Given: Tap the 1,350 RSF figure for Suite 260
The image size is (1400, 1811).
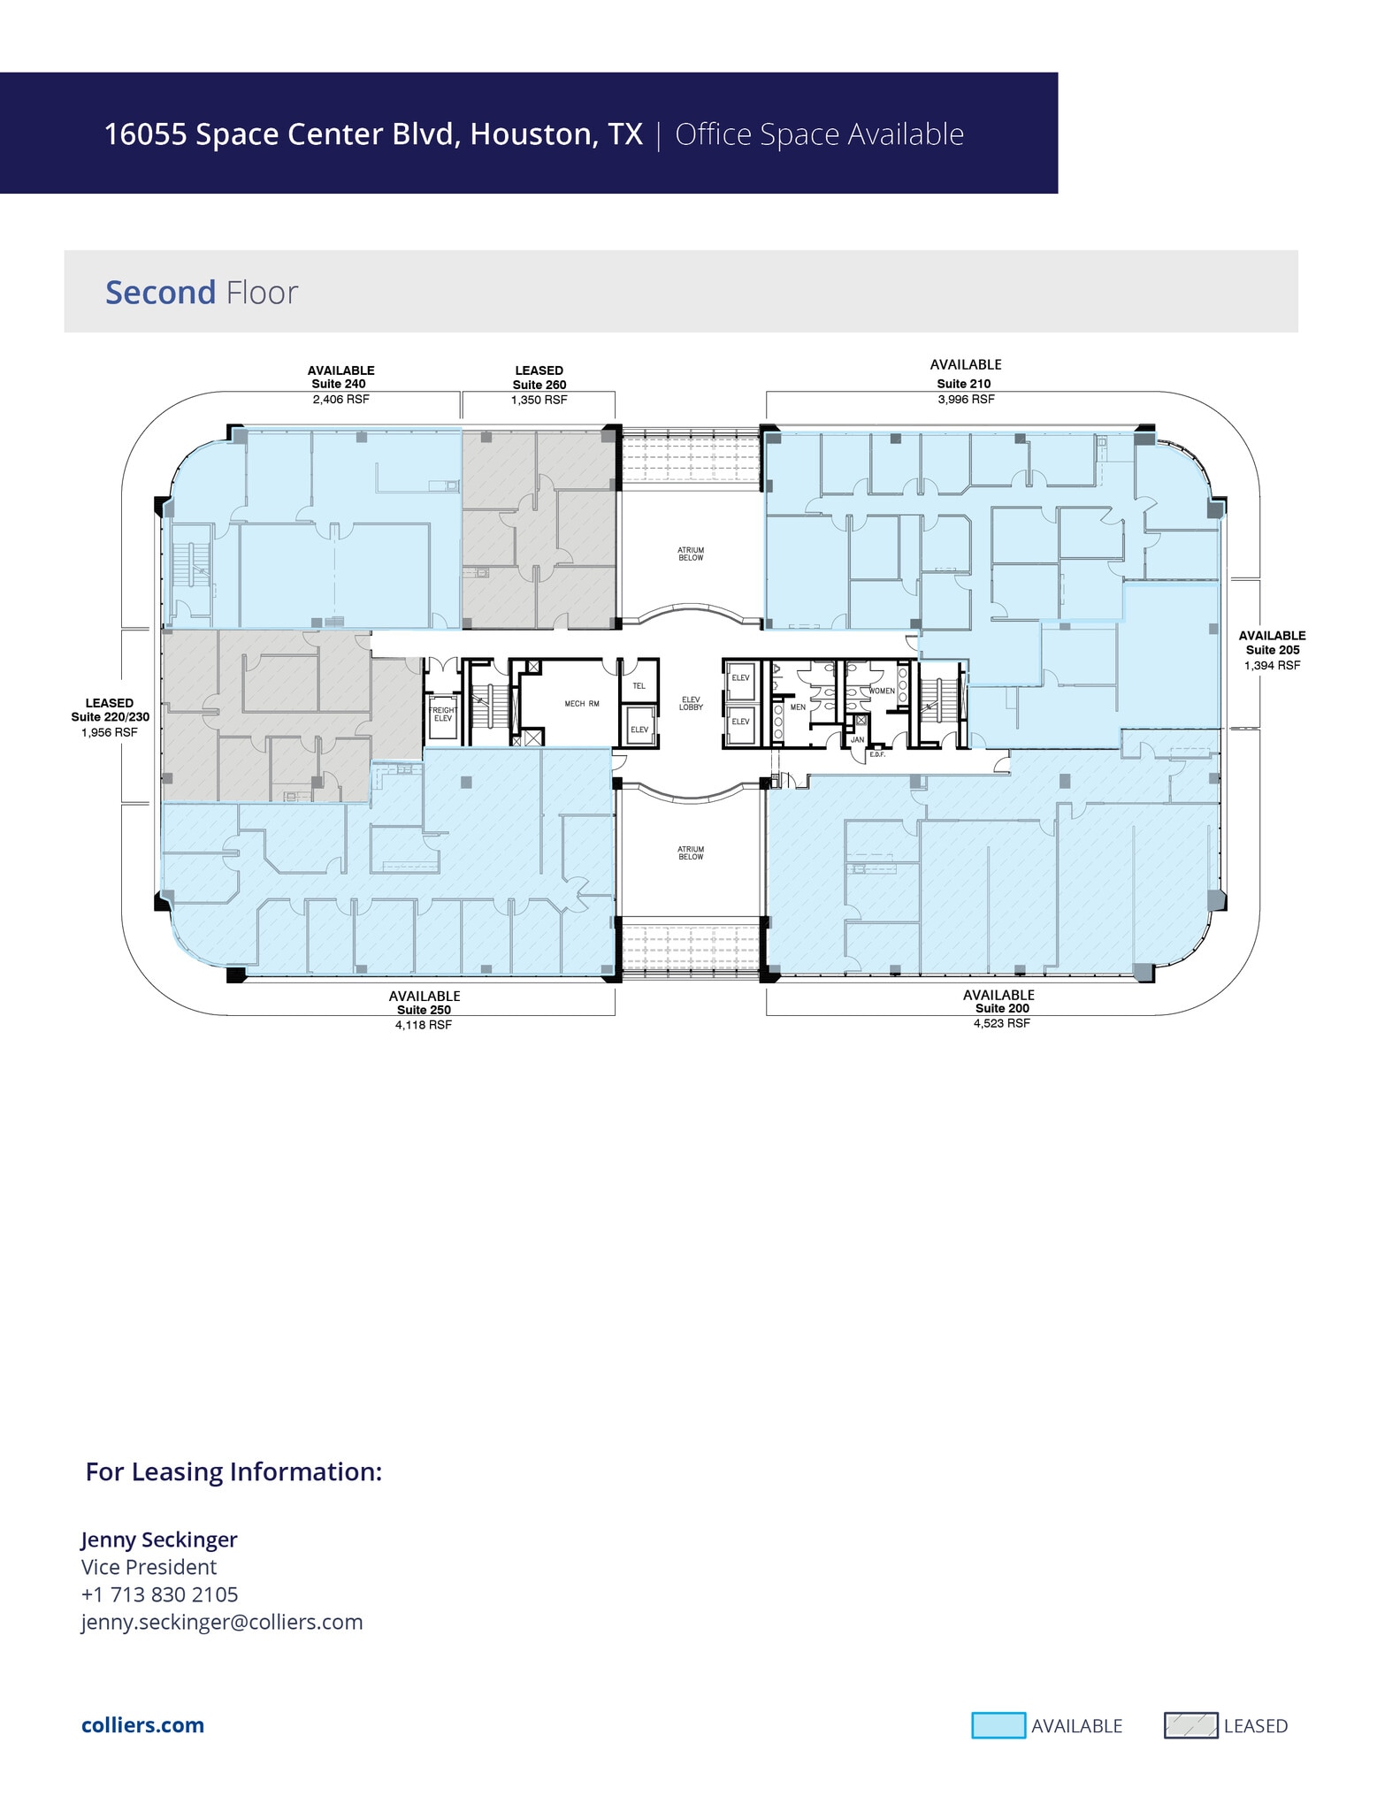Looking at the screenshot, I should point(539,400).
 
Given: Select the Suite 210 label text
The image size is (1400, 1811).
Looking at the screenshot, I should point(963,384).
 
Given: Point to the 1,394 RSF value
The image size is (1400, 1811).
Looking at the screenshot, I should point(1272,665).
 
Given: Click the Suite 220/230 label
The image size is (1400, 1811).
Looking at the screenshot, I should point(110,717).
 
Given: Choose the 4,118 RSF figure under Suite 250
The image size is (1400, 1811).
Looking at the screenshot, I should point(423,1025).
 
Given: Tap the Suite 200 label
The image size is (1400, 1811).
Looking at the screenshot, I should point(1001,1008).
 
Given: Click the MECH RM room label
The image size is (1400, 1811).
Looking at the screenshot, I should point(582,704).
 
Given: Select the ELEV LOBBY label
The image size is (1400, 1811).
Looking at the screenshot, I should point(691,704).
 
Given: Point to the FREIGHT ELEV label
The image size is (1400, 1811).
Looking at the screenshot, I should point(442,714).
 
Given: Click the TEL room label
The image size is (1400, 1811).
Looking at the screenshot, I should point(639,685).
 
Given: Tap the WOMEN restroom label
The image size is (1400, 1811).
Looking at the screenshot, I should point(881,691).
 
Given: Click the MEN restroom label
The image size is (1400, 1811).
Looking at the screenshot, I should point(797,707).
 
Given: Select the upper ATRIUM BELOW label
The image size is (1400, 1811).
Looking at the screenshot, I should point(691,554).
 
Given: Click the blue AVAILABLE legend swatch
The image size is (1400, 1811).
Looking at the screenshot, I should point(998,1725).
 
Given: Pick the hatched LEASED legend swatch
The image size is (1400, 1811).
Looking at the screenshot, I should point(1190,1725).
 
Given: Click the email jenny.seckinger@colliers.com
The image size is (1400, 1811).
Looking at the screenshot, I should point(222,1622).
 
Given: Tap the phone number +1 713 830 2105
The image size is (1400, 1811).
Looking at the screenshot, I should point(159,1594).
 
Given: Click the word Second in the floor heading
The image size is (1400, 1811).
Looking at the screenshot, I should point(160,293).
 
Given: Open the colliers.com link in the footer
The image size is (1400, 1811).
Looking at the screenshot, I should point(142,1725).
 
